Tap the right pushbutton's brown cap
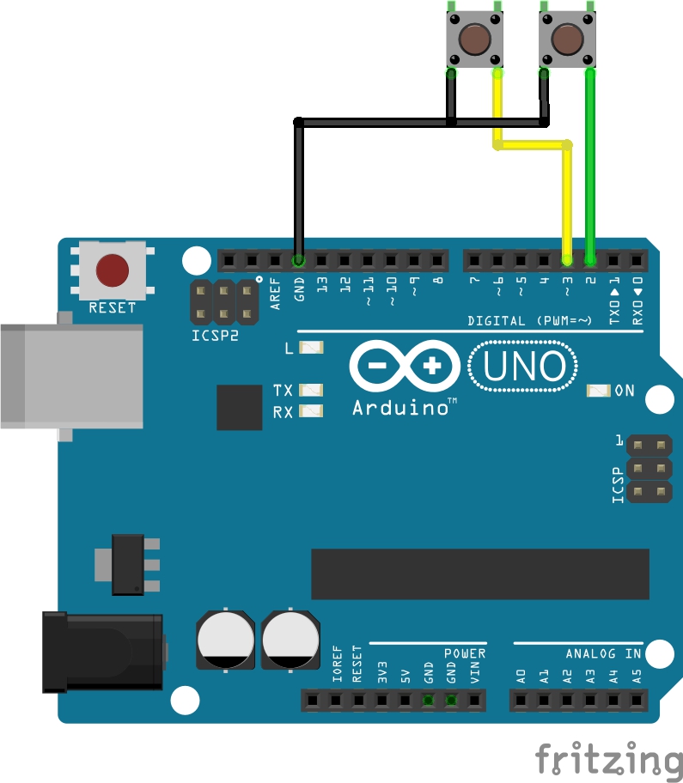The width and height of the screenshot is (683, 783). point(566,39)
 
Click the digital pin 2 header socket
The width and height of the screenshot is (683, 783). point(590,259)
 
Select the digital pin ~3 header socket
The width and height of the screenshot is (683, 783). point(567,259)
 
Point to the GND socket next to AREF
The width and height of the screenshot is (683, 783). point(298,259)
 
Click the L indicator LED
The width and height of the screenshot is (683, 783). point(310,348)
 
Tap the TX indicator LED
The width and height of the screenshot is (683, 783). point(310,390)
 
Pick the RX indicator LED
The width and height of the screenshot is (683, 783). point(310,411)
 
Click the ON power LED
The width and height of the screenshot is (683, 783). point(597,391)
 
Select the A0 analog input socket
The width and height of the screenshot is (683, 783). point(521,701)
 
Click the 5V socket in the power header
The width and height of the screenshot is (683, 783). point(405,701)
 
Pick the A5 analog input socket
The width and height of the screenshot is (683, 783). point(637,701)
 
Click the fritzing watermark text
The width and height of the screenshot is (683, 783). point(609,761)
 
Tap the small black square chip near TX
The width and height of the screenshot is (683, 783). point(240,407)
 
